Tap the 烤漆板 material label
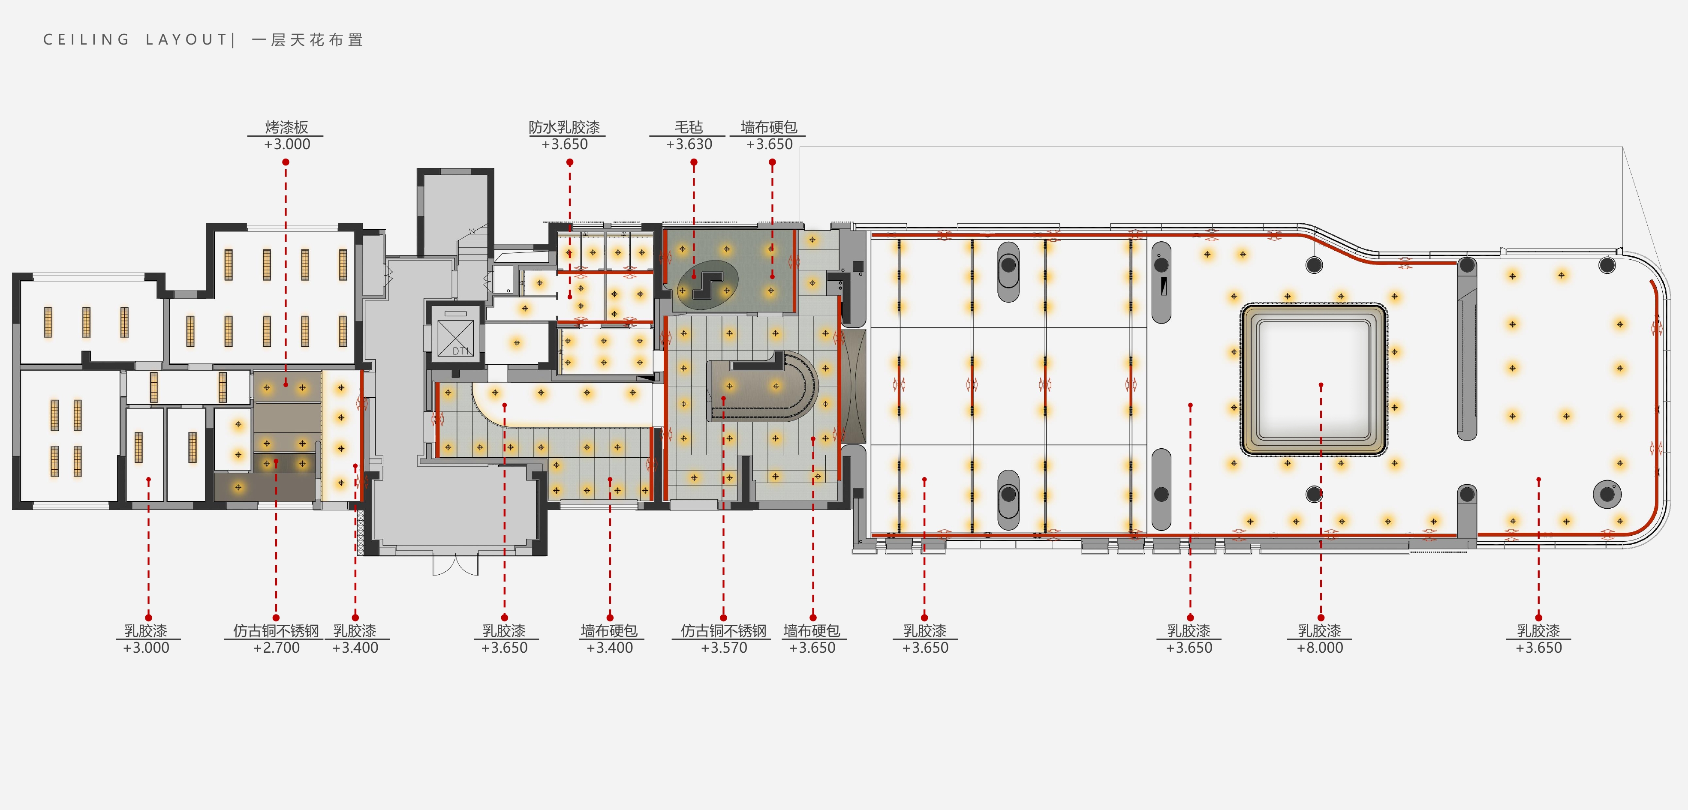(x=286, y=127)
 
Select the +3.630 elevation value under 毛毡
(x=689, y=144)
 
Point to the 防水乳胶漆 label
(x=564, y=127)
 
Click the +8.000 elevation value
(x=1320, y=648)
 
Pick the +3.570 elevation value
(x=723, y=648)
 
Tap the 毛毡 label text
(x=689, y=127)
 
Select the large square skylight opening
(x=1314, y=380)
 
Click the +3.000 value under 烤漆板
(x=287, y=144)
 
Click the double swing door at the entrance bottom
(x=455, y=564)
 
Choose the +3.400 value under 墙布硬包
(x=609, y=648)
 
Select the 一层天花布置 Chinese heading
(x=307, y=40)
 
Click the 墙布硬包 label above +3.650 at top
(x=769, y=127)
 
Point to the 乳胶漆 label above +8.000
(x=1320, y=630)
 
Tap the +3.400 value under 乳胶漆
(x=355, y=648)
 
